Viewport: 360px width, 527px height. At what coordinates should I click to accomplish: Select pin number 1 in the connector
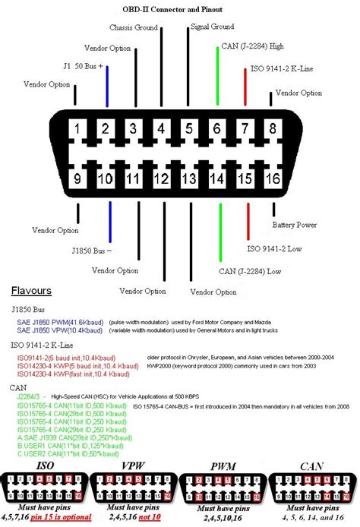click(78, 129)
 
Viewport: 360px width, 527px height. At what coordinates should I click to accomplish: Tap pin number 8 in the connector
click(273, 129)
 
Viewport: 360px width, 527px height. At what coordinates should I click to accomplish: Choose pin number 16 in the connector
click(273, 179)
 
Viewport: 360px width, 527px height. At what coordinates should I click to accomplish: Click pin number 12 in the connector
click(161, 179)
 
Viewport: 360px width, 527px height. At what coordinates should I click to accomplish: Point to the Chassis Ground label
click(134, 27)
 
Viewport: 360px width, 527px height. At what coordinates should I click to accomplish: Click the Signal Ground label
click(212, 27)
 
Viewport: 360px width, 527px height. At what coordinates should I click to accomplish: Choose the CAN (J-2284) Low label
click(250, 271)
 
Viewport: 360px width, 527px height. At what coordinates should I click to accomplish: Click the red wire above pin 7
click(245, 90)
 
